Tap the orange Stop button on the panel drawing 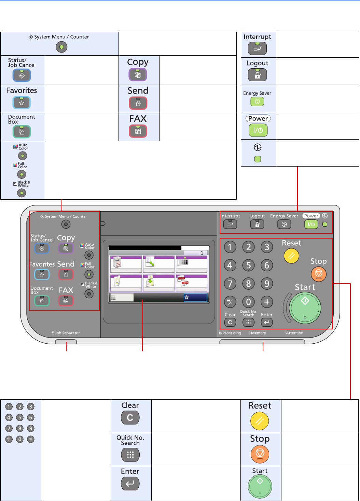click(318, 274)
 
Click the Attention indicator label click(294, 333)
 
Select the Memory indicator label click(258, 333)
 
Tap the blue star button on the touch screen click(195, 298)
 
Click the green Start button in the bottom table click(260, 486)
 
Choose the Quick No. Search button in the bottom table click(130, 455)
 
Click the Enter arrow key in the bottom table click(130, 484)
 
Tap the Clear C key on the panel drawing click(230, 322)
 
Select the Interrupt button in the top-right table click(258, 49)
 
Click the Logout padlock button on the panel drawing click(257, 224)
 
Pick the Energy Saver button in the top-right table click(257, 101)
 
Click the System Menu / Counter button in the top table click(61, 47)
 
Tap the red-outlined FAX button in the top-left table click(138, 131)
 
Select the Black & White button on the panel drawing click(89, 294)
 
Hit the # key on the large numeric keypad click(267, 302)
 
